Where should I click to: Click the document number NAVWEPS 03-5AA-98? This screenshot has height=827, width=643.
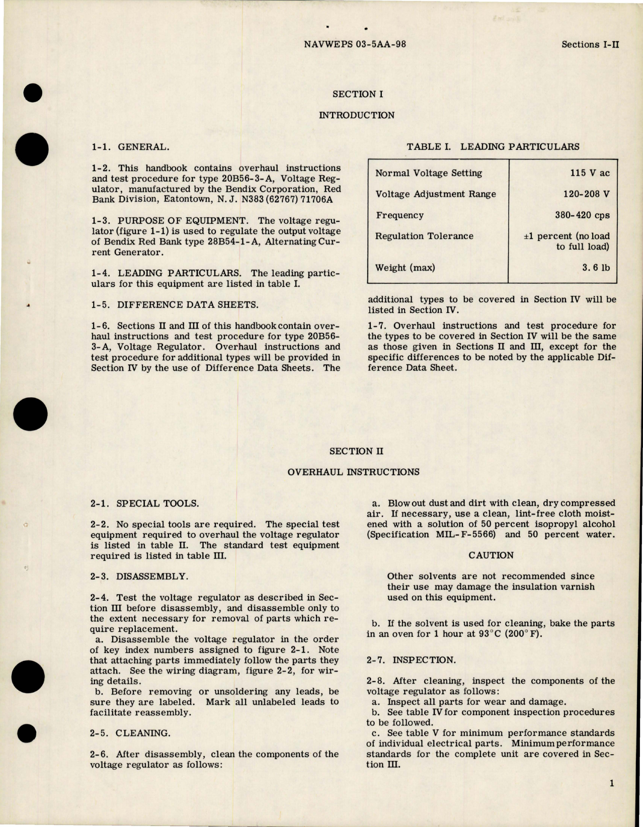(355, 44)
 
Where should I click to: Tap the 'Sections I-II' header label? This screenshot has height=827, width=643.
(590, 44)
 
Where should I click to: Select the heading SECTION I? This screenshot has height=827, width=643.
(355, 94)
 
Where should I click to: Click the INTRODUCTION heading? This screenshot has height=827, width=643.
(357, 115)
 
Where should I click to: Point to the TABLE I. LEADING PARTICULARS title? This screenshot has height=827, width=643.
(493, 147)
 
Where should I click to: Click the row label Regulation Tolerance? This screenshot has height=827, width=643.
(424, 236)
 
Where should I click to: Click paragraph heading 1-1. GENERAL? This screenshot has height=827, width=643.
(130, 147)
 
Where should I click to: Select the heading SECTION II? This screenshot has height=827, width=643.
(356, 451)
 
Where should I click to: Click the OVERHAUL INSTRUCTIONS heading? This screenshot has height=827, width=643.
(353, 472)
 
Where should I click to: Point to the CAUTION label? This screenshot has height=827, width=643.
(491, 555)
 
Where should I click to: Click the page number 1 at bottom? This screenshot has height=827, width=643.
(611, 783)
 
